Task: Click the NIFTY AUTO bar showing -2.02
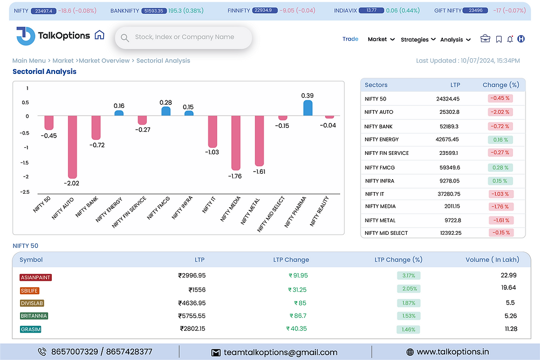click(x=72, y=147)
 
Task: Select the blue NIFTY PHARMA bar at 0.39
click(x=308, y=108)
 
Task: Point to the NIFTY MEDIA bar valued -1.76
click(x=236, y=142)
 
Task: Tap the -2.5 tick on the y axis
click(x=25, y=192)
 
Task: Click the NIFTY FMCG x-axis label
click(x=159, y=208)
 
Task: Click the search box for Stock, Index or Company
click(x=184, y=37)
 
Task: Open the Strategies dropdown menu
click(x=418, y=39)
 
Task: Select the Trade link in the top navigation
click(x=350, y=39)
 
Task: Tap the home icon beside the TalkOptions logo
click(x=99, y=35)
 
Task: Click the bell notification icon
click(x=510, y=39)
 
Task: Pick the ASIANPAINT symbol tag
click(x=36, y=277)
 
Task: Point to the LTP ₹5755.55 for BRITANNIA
click(x=192, y=316)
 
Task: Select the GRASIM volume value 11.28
click(x=510, y=329)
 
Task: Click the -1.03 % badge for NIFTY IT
click(x=500, y=194)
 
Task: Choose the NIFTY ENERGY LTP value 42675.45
click(x=447, y=139)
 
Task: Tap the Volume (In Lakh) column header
click(x=492, y=260)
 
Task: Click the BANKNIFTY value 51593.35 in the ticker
click(x=153, y=11)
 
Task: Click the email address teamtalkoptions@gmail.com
click(x=281, y=352)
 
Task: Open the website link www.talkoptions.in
click(x=453, y=352)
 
